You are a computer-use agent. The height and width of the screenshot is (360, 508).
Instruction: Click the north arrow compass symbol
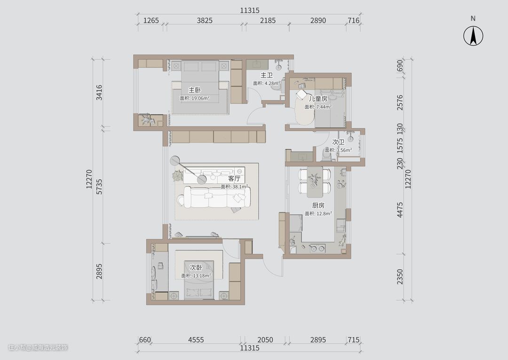tap(473, 36)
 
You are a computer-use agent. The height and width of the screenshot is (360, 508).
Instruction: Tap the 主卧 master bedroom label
tap(195, 90)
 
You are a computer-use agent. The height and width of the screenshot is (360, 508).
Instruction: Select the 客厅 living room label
tap(234, 179)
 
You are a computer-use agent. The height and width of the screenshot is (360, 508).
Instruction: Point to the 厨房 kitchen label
tap(318, 205)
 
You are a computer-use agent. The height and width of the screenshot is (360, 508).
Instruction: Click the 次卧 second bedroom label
tap(196, 267)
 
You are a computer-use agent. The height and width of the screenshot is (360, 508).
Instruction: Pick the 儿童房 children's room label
tap(318, 99)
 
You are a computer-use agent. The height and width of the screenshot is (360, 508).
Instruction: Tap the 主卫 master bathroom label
tap(267, 75)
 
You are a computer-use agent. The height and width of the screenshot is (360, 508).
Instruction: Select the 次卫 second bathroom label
tap(338, 142)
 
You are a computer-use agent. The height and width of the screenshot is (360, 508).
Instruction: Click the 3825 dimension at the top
tap(205, 20)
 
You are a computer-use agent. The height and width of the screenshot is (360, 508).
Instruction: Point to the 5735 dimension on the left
tap(99, 187)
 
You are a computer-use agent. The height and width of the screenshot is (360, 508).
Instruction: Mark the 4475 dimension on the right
tap(400, 210)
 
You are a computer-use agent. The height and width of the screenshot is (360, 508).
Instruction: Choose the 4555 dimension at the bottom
tap(196, 340)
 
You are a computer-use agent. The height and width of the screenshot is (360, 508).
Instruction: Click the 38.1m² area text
tap(234, 187)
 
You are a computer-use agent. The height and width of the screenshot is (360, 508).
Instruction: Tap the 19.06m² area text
tap(195, 98)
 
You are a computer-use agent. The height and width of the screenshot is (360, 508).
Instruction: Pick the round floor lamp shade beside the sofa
tap(175, 161)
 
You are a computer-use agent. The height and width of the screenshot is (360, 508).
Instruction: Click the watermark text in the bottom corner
tap(38, 347)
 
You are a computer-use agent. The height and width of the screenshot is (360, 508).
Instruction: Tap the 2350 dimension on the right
tap(400, 276)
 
